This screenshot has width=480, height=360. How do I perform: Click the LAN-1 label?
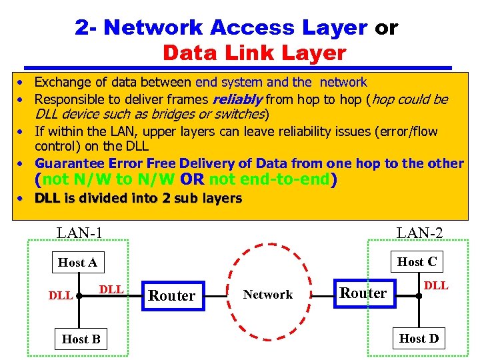[79, 233]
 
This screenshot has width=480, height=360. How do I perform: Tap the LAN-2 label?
[419, 233]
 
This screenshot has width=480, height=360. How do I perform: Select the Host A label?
[77, 263]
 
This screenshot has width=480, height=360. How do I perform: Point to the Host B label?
[81, 339]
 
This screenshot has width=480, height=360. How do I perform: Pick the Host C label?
[417, 262]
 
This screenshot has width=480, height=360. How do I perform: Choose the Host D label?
[419, 339]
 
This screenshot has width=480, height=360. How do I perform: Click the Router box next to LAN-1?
[172, 295]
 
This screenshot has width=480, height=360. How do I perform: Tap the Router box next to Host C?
[363, 293]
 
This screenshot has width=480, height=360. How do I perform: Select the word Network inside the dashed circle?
[268, 295]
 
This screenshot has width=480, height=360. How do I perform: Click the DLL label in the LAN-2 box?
[437, 286]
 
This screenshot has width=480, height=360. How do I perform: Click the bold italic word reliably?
[237, 100]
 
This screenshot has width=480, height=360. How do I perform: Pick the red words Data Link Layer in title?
[254, 53]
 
